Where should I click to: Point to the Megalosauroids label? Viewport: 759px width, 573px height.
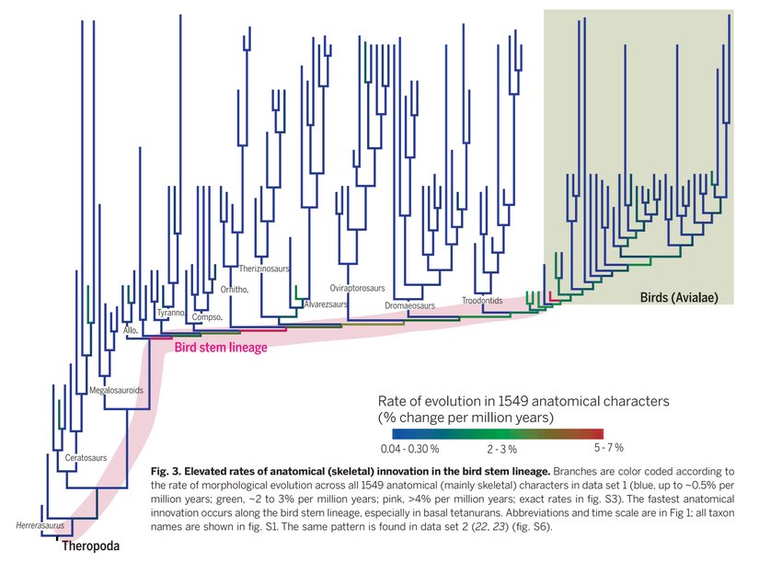pyautogui.click(x=116, y=391)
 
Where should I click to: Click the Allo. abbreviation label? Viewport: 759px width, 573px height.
pyautogui.click(x=132, y=328)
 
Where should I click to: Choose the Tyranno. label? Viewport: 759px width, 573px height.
pyautogui.click(x=172, y=313)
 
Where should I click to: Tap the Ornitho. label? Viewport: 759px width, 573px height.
pyautogui.click(x=236, y=290)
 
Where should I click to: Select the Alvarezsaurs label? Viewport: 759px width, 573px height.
pyautogui.click(x=324, y=304)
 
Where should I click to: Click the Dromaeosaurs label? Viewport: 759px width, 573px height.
pyautogui.click(x=409, y=305)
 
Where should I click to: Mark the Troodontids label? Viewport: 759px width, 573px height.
pyautogui.click(x=482, y=301)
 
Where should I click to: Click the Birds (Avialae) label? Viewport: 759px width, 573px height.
pyautogui.click(x=678, y=297)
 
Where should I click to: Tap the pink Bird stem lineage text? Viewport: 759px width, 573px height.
pyautogui.click(x=221, y=348)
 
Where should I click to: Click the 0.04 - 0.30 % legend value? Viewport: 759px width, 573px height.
pyautogui.click(x=408, y=449)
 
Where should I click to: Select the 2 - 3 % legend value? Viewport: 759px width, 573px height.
pyautogui.click(x=502, y=450)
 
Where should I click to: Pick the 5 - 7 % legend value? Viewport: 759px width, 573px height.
pyautogui.click(x=608, y=448)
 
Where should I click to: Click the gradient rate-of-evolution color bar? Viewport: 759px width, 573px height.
pyautogui.click(x=497, y=433)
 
